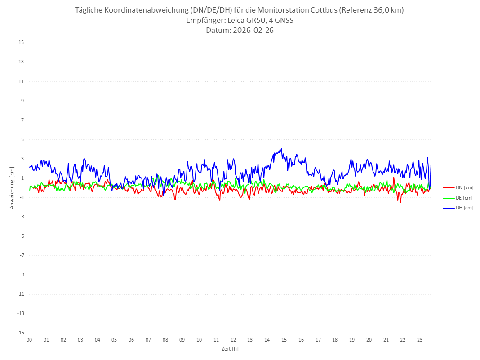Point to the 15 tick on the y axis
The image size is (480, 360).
[x=21, y=43]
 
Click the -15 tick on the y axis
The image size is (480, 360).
[x=20, y=333]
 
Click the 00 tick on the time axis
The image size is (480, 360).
[x=29, y=340]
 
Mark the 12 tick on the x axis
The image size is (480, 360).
[x=233, y=340]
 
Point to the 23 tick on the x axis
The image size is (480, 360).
[x=420, y=340]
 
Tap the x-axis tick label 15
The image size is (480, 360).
[x=284, y=340]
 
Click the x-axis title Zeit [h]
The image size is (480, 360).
[x=230, y=348]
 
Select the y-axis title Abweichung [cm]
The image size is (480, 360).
[x=12, y=187]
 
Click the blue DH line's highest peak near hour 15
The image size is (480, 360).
[x=281, y=149]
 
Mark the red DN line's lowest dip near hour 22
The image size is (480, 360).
[x=400, y=202]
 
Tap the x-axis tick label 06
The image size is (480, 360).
[x=131, y=340]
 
